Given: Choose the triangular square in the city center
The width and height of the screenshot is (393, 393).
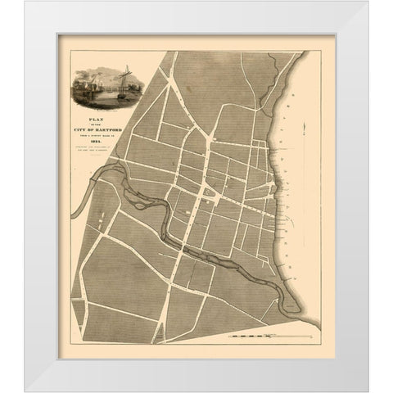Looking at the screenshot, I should tap(206, 193).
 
